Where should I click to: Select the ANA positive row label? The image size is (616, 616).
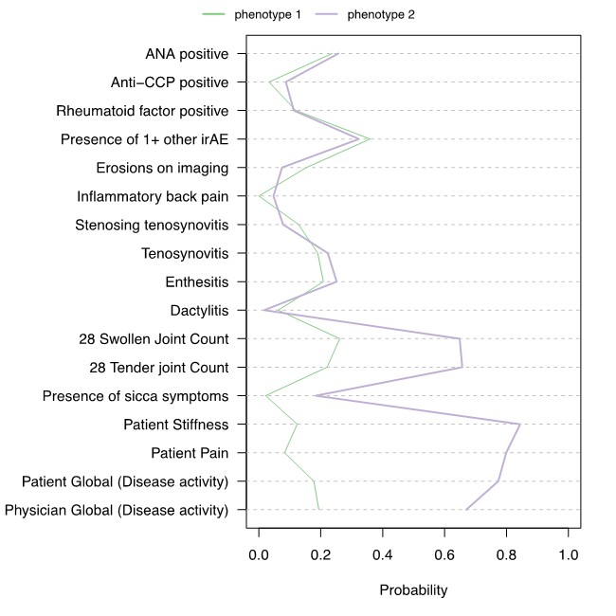click(x=187, y=54)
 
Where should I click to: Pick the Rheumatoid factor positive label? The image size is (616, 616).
click(x=142, y=111)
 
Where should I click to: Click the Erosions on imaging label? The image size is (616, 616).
click(x=162, y=168)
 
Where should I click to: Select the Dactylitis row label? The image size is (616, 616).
click(x=199, y=310)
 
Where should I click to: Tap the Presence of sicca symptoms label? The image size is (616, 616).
click(x=135, y=395)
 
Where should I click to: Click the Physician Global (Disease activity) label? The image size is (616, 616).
click(x=117, y=510)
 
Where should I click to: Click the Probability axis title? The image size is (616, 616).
click(x=413, y=589)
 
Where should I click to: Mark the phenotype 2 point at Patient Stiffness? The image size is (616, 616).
click(x=519, y=424)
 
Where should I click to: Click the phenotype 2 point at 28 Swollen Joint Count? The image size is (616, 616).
click(x=460, y=338)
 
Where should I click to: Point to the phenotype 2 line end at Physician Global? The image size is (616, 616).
click(x=466, y=510)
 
